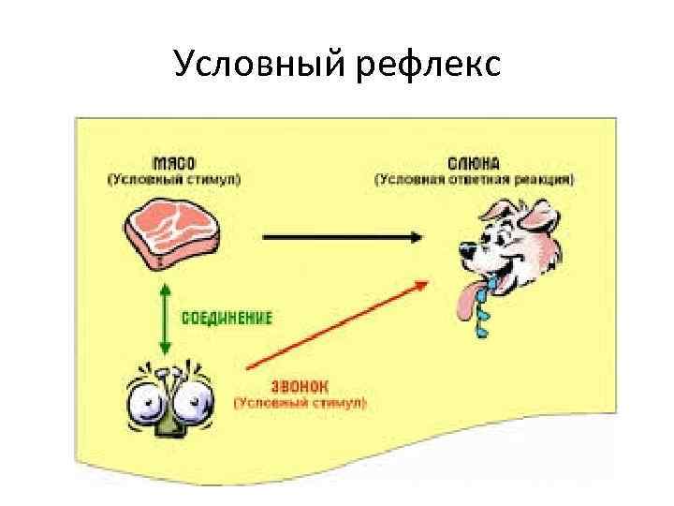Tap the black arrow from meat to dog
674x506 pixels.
[337, 237]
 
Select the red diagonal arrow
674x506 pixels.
[337, 323]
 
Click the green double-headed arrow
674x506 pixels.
[165, 318]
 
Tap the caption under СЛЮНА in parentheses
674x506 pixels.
[476, 179]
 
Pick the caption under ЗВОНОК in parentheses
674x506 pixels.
[300, 404]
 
